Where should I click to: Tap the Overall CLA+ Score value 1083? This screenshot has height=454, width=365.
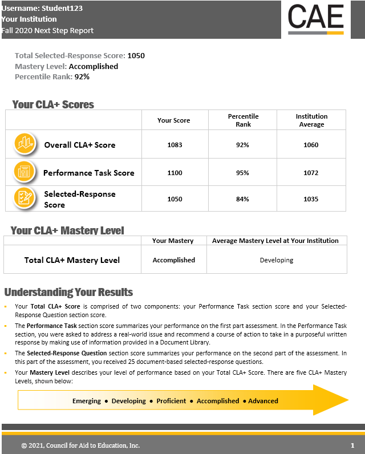tap(175, 145)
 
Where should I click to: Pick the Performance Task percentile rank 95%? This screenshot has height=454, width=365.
tap(242, 173)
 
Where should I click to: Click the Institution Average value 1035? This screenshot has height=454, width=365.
tap(311, 199)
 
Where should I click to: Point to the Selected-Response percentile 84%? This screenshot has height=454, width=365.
tap(242, 199)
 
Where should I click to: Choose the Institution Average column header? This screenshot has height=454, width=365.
tap(311, 120)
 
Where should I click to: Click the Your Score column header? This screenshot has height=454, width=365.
tap(173, 120)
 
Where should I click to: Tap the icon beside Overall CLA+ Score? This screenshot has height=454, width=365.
tap(25, 144)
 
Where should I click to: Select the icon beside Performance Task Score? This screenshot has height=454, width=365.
tap(25, 171)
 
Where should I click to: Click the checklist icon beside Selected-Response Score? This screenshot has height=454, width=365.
tap(25, 198)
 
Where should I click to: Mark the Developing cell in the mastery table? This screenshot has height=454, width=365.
tap(276, 260)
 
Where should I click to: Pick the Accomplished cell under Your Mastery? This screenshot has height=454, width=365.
tap(173, 260)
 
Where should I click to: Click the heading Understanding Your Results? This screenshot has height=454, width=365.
tap(68, 292)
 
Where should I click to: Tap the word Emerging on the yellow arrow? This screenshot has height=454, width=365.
tap(87, 401)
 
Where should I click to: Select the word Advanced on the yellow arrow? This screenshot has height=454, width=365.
tap(263, 401)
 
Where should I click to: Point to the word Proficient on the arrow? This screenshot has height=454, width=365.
tap(171, 401)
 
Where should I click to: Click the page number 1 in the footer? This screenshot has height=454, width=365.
tap(352, 445)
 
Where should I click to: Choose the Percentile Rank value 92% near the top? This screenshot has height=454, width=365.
tap(82, 76)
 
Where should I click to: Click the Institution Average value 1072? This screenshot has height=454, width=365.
tap(311, 173)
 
